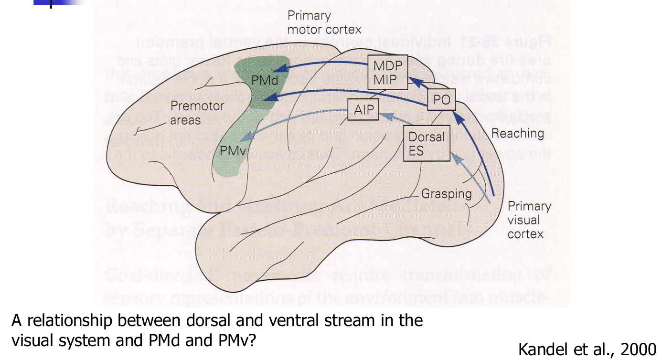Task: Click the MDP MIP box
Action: [388, 72]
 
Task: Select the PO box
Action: [441, 100]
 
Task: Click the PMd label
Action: [265, 80]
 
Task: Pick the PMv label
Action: [233, 151]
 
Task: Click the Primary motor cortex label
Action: [324, 22]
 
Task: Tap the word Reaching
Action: [518, 133]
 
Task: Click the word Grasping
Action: [446, 194]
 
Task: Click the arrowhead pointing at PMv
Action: [242, 138]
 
